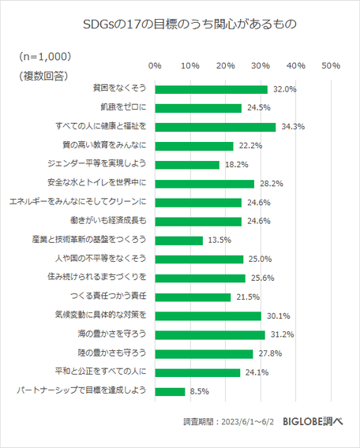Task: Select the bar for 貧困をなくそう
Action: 211,89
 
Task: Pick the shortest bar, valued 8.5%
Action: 170,391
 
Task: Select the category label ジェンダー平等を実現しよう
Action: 98,165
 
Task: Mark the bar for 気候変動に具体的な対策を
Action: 208,315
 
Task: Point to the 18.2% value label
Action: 235,165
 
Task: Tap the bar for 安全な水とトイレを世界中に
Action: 204,184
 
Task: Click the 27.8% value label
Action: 269,353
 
